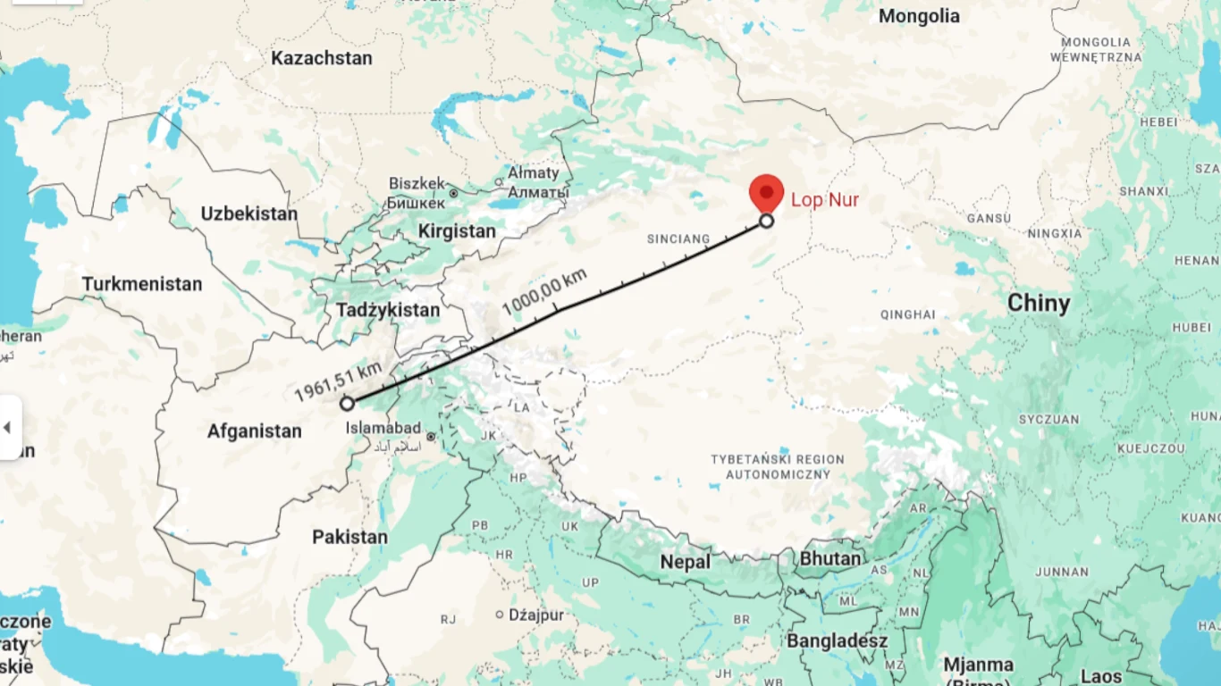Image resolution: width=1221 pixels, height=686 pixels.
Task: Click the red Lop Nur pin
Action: (x=766, y=192)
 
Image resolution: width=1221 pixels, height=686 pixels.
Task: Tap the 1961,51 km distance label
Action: (x=338, y=381)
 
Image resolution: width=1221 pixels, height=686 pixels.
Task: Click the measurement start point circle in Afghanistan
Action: (x=347, y=404)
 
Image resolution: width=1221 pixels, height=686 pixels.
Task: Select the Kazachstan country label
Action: (x=322, y=59)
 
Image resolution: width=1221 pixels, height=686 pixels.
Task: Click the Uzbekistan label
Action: (x=248, y=214)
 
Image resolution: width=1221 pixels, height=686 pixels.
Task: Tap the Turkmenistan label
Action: (x=142, y=285)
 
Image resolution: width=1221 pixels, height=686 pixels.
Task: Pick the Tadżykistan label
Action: (x=389, y=311)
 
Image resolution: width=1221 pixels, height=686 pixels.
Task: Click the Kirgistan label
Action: (x=457, y=231)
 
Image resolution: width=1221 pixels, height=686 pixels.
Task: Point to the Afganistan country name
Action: (x=255, y=431)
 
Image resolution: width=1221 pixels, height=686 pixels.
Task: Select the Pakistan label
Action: (x=349, y=538)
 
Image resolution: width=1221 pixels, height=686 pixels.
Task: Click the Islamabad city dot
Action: (x=431, y=437)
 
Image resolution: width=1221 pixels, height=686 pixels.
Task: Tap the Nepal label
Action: (x=686, y=563)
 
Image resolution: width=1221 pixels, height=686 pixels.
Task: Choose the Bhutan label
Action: (x=830, y=559)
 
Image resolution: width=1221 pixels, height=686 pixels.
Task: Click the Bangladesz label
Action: (x=837, y=641)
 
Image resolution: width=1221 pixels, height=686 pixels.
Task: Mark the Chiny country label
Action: (x=1039, y=304)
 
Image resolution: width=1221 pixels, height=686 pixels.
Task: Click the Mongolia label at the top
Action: (x=919, y=16)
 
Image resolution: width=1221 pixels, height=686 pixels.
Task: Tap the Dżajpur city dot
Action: (x=500, y=615)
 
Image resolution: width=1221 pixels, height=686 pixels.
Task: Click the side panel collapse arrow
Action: (x=8, y=427)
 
